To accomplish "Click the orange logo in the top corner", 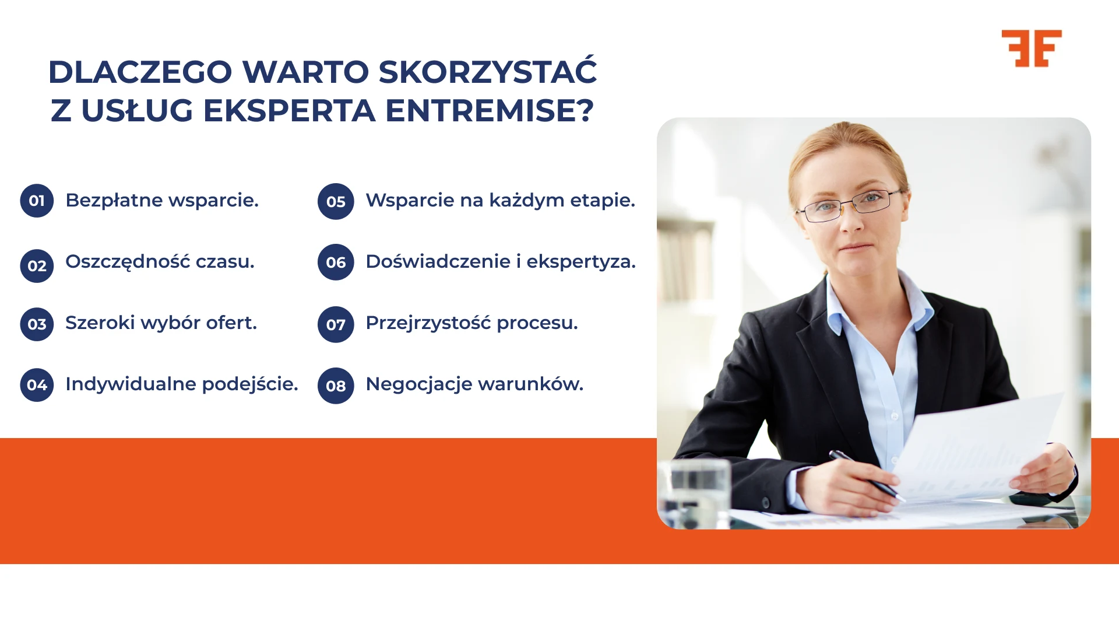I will [x=1032, y=48].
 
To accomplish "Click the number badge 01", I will [x=37, y=201].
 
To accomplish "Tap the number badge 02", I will [x=37, y=266].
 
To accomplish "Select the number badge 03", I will [x=37, y=324].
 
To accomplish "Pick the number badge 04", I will [x=37, y=385].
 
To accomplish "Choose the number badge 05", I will [x=336, y=202].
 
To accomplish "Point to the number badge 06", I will [x=336, y=262].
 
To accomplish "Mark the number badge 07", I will [x=336, y=324].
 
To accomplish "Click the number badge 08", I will [x=336, y=386].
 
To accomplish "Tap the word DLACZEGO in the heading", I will [x=140, y=72].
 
